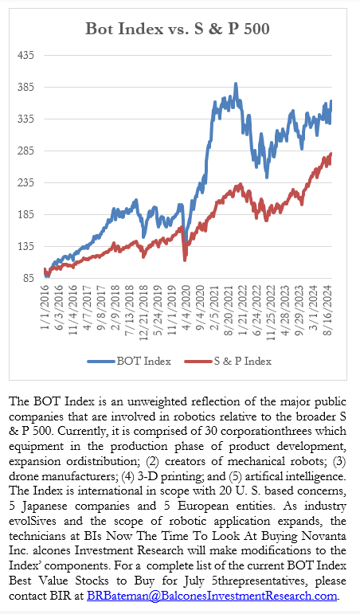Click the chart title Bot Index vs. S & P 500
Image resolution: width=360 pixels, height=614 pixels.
pyautogui.click(x=178, y=29)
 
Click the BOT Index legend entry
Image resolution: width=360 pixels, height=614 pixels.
pyautogui.click(x=129, y=361)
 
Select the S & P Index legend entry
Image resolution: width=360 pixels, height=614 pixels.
pyautogui.click(x=228, y=361)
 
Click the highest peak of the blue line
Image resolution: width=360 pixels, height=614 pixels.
pyautogui.click(x=236, y=84)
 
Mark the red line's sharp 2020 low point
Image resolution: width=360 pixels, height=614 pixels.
pyautogui.click(x=185, y=260)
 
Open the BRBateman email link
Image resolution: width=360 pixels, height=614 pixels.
pyautogui.click(x=212, y=596)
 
